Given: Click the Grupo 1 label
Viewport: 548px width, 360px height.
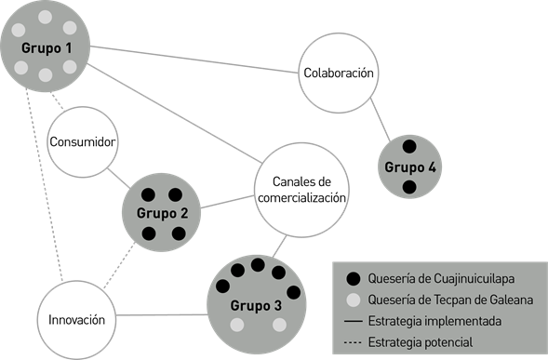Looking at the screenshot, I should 44,45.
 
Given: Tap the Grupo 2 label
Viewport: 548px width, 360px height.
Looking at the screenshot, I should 164,213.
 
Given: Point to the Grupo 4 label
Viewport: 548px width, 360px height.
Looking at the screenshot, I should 409,167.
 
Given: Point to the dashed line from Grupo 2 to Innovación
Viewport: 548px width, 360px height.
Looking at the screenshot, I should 119,270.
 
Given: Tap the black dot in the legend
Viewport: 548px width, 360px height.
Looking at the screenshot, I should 351,278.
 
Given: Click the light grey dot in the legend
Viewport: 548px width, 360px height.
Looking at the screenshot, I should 351,300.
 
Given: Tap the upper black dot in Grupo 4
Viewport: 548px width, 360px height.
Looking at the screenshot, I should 408,146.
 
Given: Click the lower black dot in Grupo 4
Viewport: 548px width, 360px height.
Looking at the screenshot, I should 408,188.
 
